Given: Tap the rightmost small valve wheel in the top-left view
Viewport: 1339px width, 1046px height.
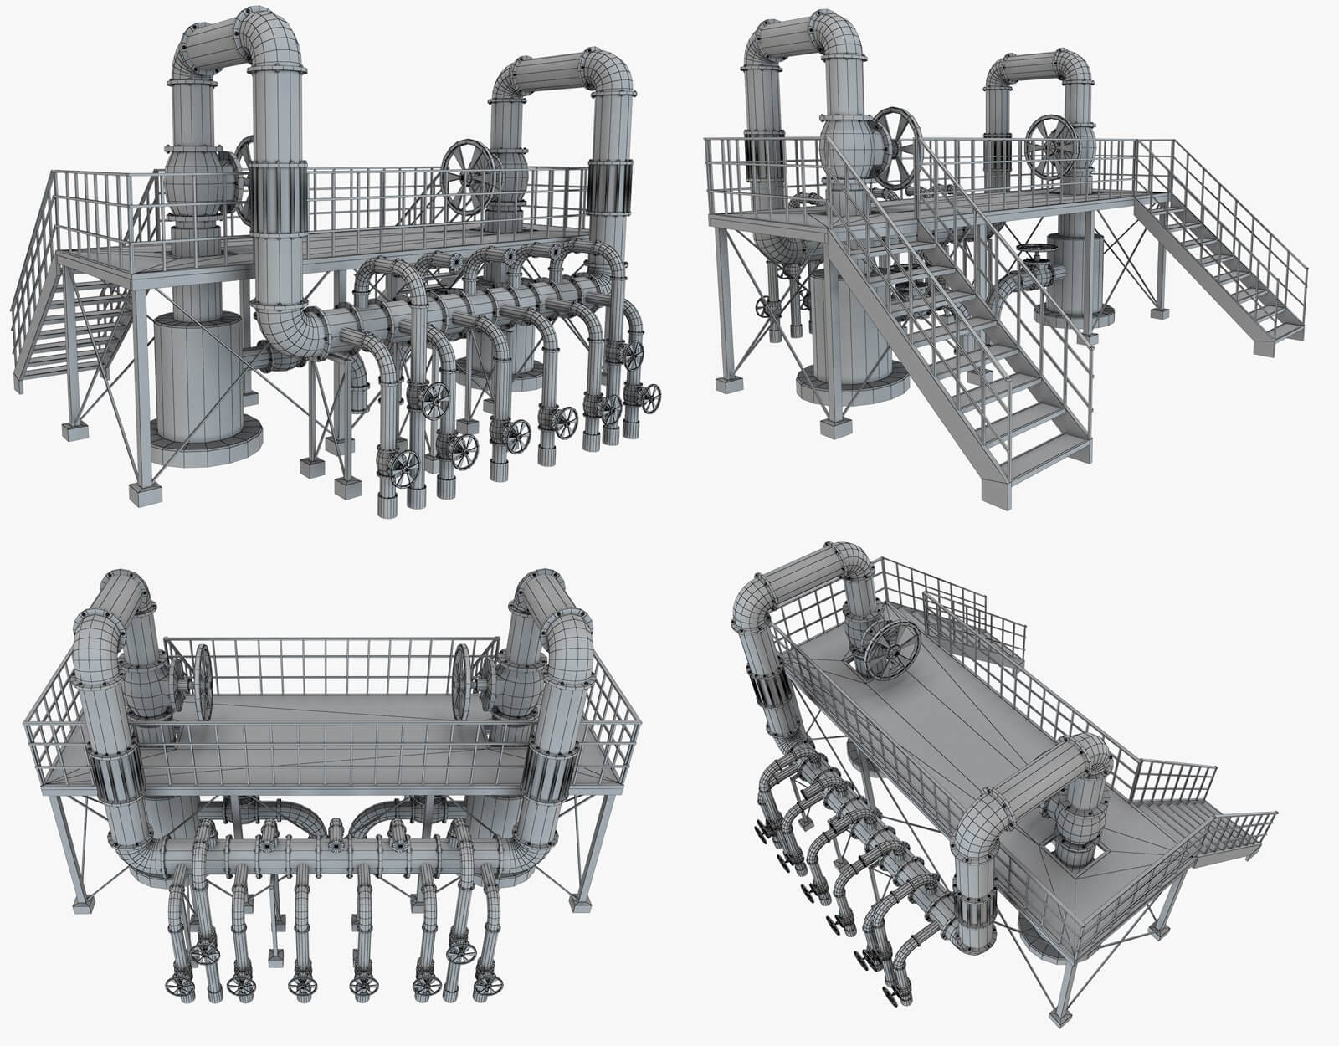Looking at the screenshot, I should tap(649, 397).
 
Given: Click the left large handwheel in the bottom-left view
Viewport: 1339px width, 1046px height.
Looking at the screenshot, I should tap(203, 682).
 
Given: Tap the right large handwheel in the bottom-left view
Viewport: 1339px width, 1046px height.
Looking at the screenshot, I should tap(462, 682).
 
